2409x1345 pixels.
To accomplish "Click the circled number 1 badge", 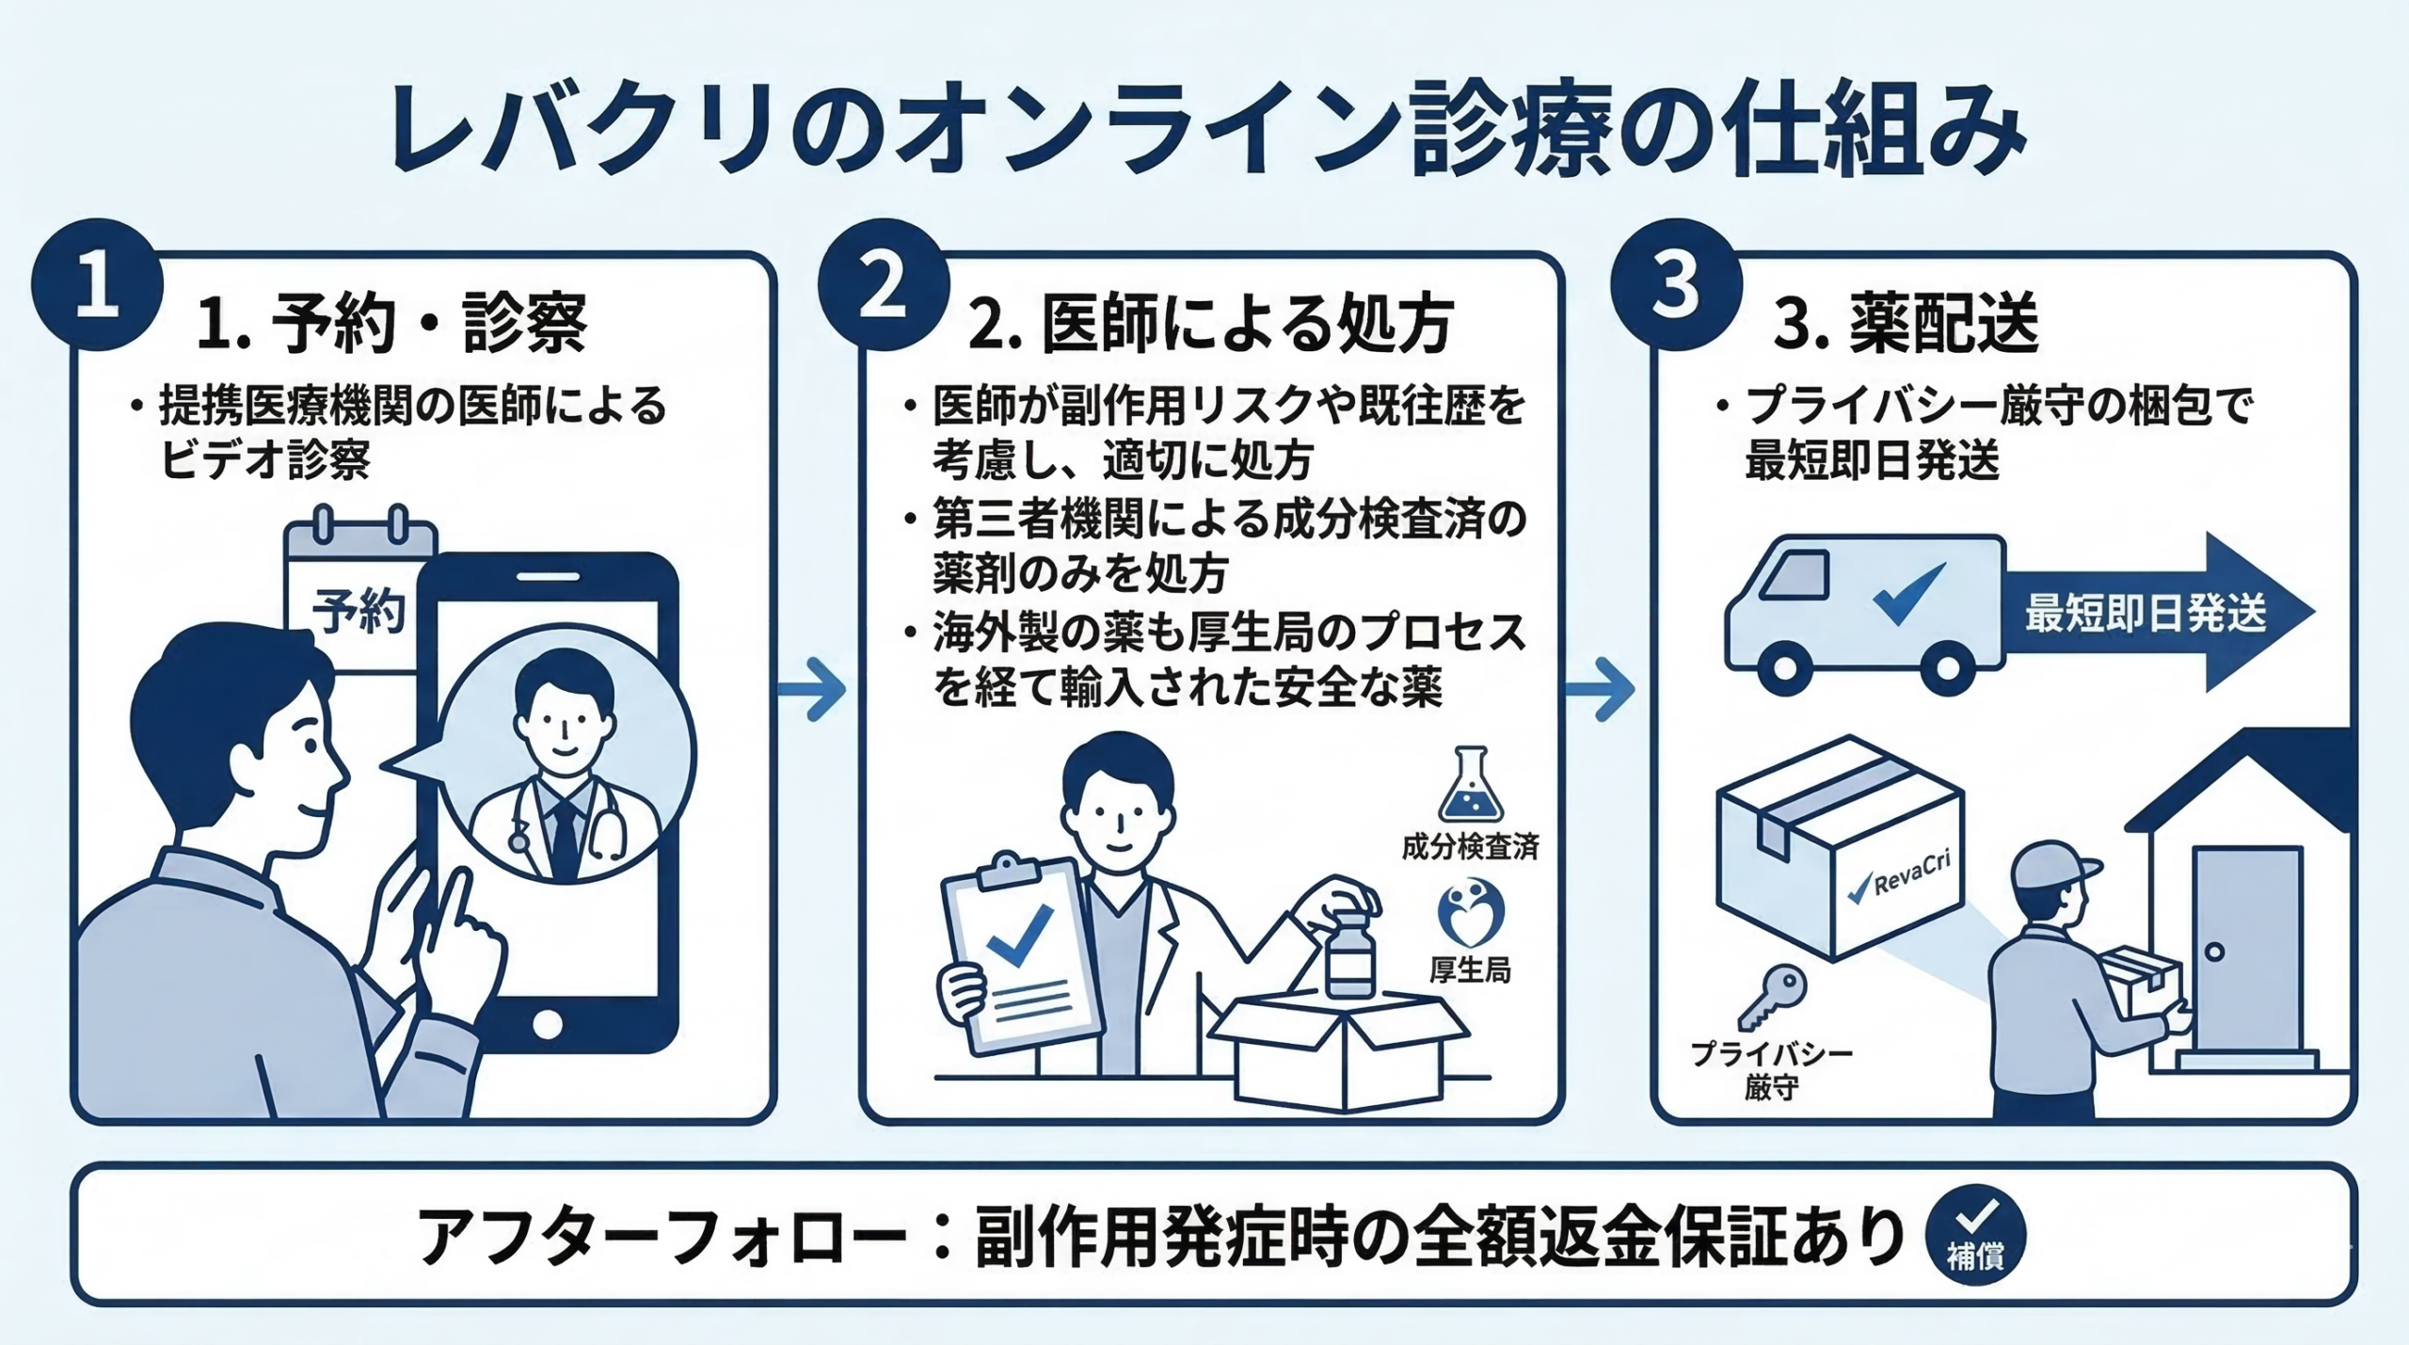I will pos(97,285).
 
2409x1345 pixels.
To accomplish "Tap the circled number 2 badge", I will pos(883,285).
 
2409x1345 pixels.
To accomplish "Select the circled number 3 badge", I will pos(1676,285).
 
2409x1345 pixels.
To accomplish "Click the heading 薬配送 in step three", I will pos(1943,323).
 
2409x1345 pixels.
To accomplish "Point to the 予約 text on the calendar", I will pos(359,612).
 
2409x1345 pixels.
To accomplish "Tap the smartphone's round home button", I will pos(547,1024).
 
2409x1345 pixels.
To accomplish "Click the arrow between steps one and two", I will pos(813,690).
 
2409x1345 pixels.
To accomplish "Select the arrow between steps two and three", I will pos(1601,690).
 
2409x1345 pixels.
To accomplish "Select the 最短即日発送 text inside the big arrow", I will pos(2146,614).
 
